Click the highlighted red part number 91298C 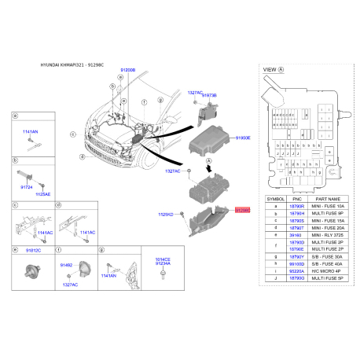click(242, 211)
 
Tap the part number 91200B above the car click(127, 70)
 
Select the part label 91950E click(243, 138)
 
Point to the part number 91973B click(208, 95)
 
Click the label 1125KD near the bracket click(166, 213)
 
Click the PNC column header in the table click(296, 199)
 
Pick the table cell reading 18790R click(296, 206)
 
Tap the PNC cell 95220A click(296, 270)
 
